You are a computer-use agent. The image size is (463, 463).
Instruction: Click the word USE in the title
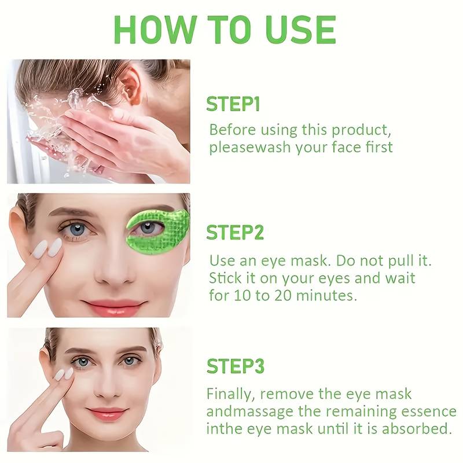[300, 30]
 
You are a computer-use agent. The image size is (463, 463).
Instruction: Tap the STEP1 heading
[233, 104]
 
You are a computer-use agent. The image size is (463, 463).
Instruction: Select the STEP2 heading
[235, 233]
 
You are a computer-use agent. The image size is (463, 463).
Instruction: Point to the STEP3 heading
[236, 366]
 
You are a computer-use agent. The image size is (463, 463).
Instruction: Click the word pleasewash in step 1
[250, 147]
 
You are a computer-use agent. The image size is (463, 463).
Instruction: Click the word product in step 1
[361, 130]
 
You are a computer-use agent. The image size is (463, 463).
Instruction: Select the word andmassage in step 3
[250, 411]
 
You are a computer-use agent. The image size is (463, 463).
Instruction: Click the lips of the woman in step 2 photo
[113, 307]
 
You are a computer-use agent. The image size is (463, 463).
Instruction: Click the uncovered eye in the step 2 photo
[78, 228]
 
